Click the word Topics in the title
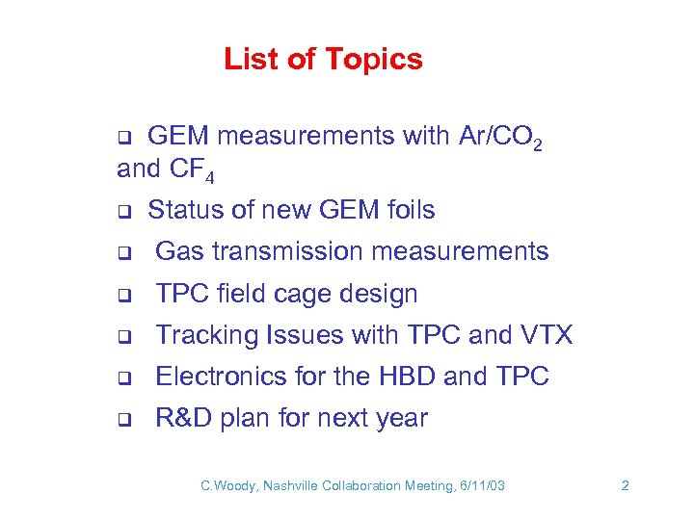(373, 60)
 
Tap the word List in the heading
(253, 60)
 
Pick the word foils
(404, 210)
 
